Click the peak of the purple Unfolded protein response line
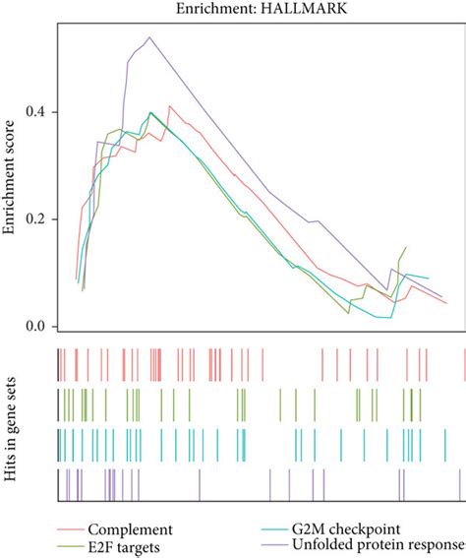[149, 37]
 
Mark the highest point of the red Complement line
[170, 105]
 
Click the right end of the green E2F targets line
[405, 247]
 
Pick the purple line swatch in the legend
[268, 547]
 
